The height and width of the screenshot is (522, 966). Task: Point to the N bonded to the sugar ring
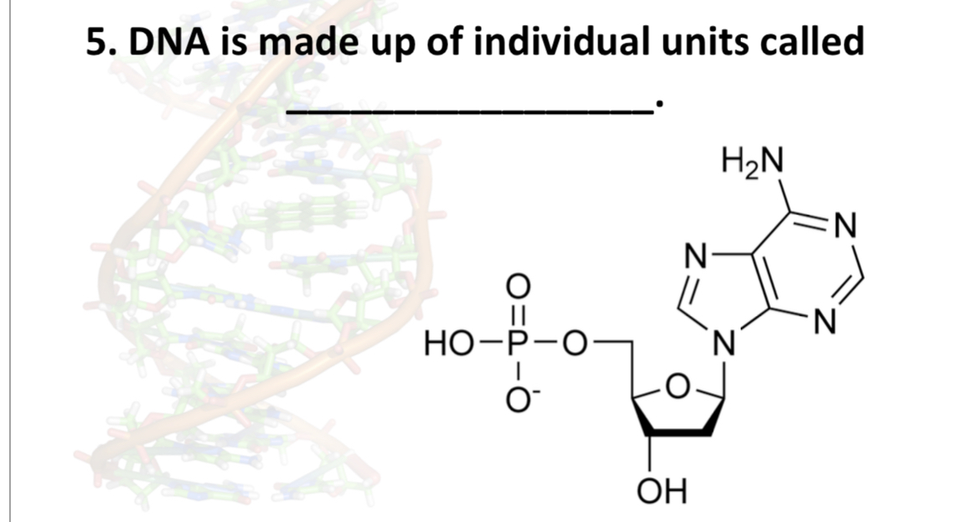[722, 345]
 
